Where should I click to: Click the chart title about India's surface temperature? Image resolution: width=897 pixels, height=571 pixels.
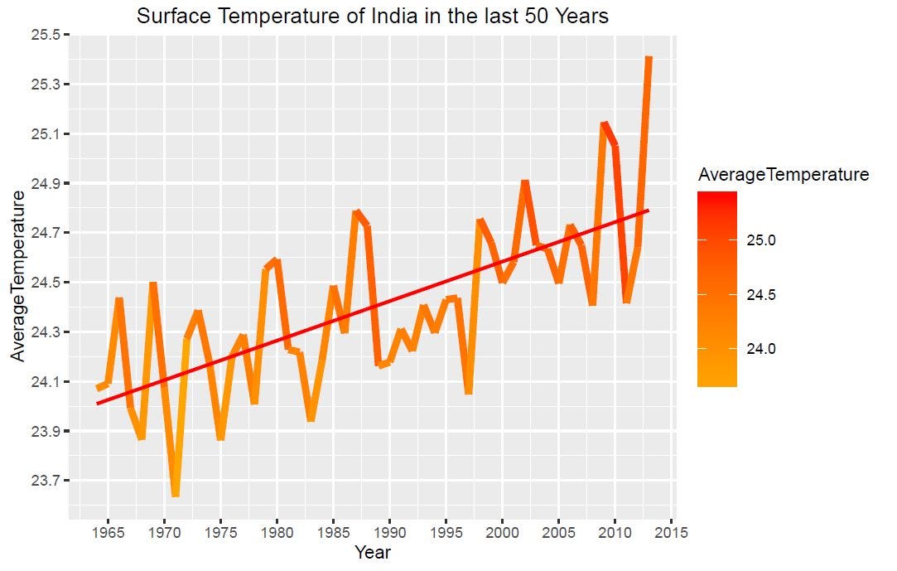[373, 16]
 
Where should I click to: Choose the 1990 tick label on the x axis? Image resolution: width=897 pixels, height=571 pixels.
[390, 533]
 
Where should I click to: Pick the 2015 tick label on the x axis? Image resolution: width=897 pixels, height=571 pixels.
[671, 533]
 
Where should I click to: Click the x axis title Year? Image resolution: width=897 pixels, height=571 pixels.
[372, 552]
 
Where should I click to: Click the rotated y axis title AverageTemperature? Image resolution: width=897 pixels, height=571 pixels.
[18, 274]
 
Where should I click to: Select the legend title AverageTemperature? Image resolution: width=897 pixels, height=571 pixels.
[783, 175]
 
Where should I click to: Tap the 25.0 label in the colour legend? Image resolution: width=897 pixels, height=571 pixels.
[762, 240]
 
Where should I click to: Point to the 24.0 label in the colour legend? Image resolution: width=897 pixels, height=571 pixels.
[762, 349]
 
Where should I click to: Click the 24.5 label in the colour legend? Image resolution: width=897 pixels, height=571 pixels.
[762, 295]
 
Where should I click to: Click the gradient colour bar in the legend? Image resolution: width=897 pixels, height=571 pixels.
[716, 289]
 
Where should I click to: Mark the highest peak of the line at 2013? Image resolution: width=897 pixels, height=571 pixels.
[649, 58]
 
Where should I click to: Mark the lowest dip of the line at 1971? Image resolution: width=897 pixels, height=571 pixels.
[176, 495]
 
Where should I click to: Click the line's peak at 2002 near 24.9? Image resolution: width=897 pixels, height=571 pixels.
[525, 181]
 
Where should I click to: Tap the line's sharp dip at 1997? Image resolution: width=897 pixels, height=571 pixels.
[469, 392]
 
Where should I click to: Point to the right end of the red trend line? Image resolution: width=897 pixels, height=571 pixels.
[649, 210]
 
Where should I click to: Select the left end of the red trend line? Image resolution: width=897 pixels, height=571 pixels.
[98, 404]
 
